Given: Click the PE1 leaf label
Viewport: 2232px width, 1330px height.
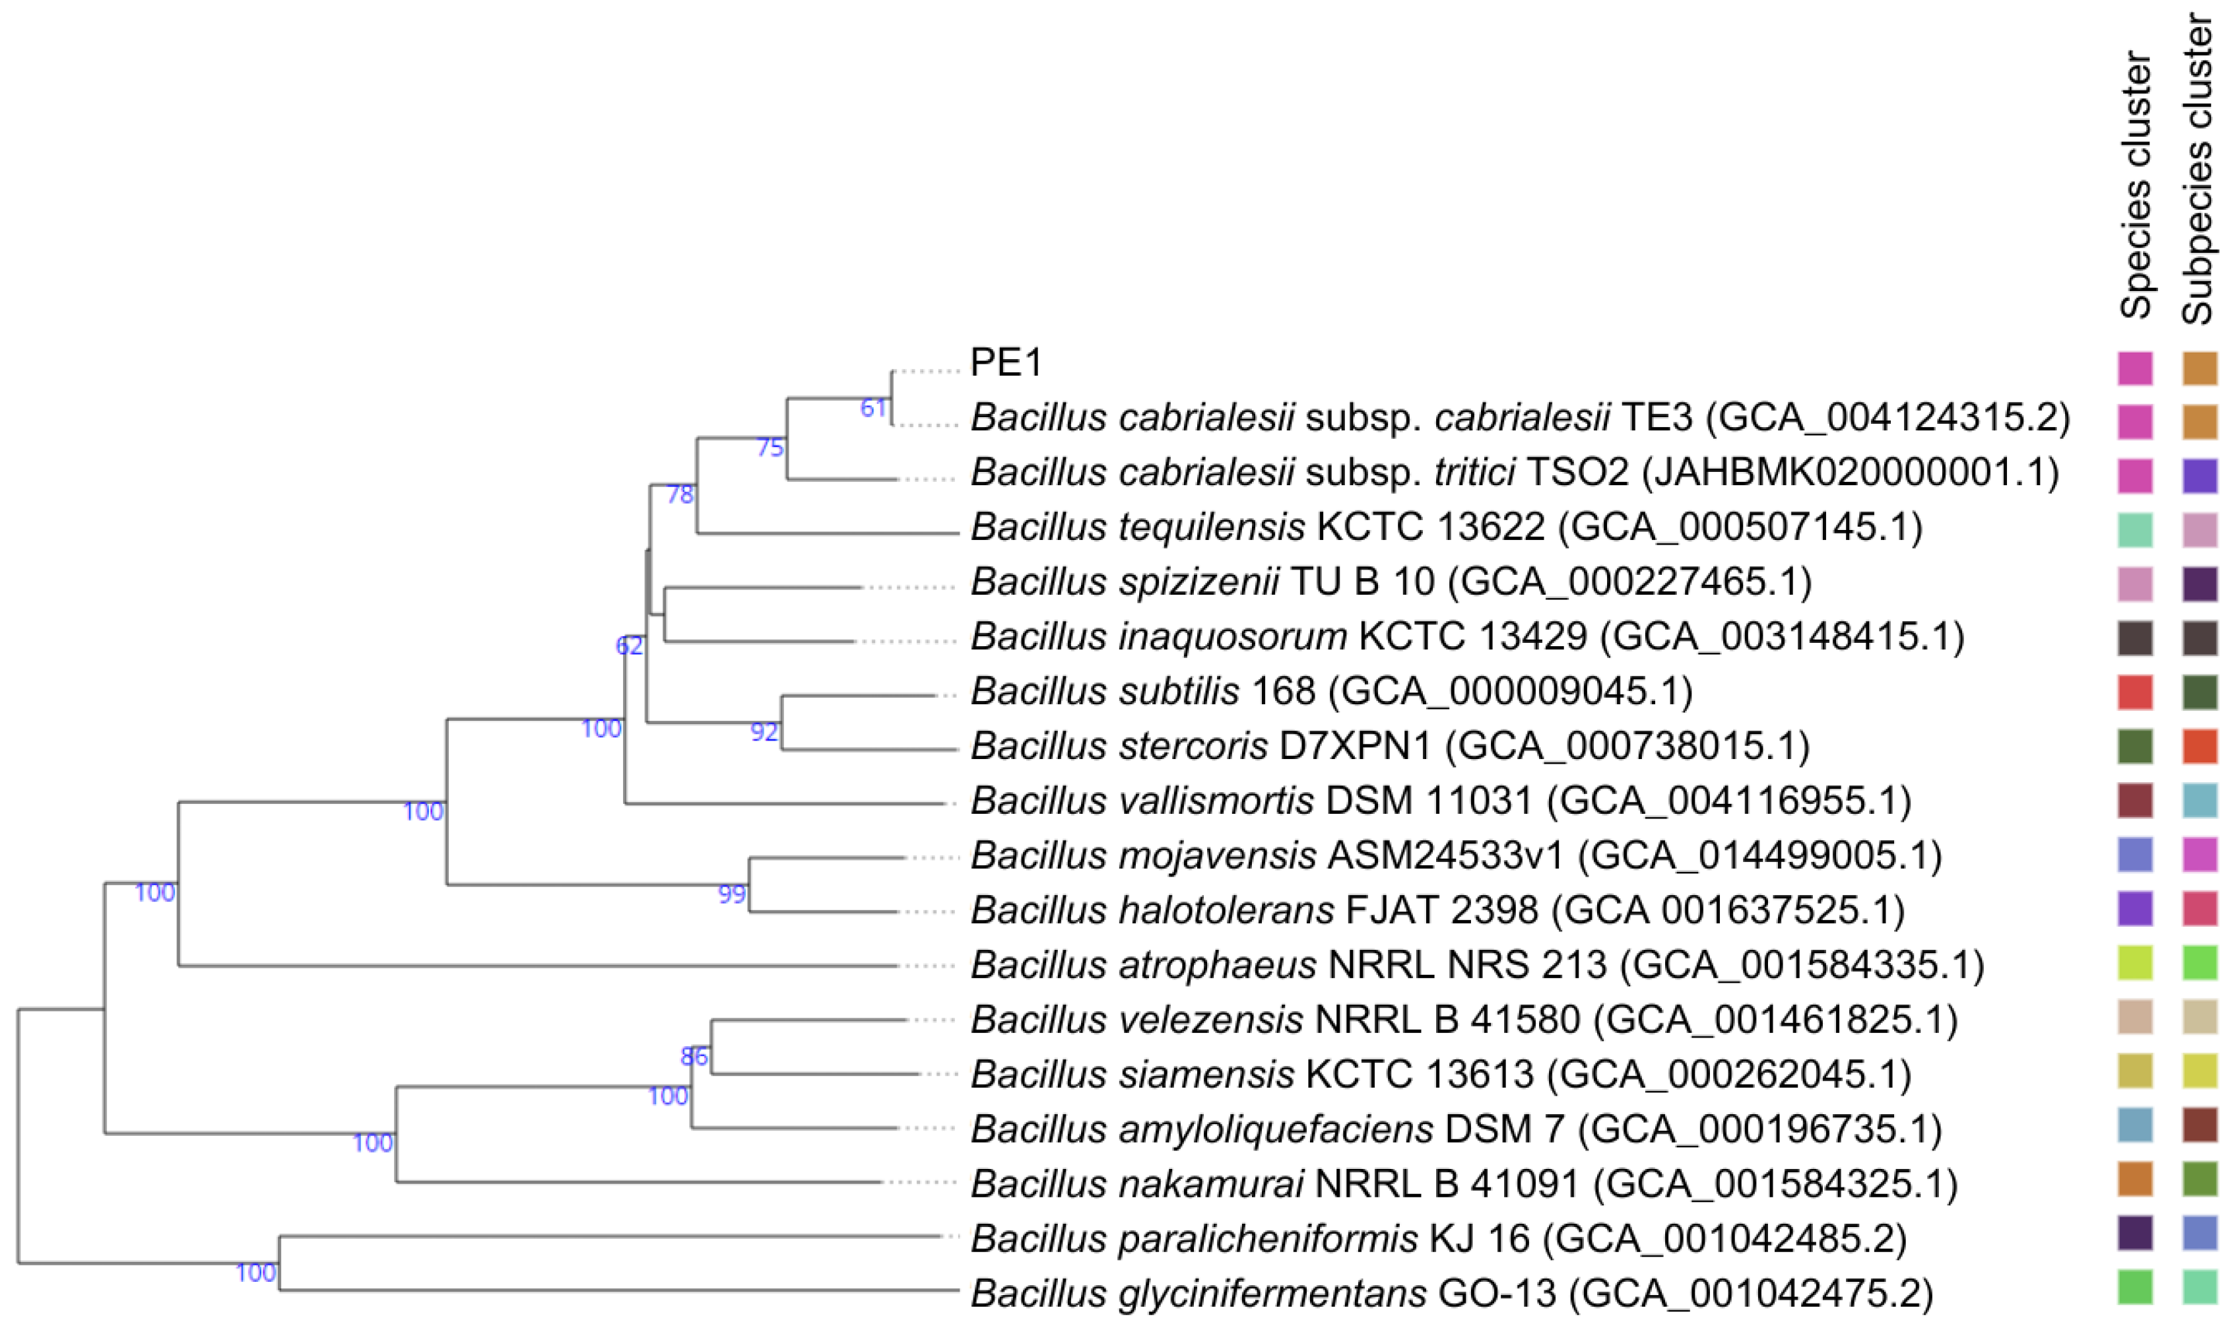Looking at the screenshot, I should click(1006, 362).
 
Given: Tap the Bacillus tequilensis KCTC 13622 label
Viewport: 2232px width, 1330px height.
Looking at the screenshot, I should click(1446, 527).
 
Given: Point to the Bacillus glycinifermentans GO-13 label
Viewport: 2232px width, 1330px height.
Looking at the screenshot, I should click(1451, 1293).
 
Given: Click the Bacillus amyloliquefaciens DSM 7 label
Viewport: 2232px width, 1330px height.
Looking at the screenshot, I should click(1456, 1129).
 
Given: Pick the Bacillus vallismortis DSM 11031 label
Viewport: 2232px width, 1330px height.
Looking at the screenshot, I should click(1441, 801).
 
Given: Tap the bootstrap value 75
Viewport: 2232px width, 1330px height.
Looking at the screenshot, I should click(770, 448).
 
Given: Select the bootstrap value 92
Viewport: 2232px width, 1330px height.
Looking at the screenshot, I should click(764, 732).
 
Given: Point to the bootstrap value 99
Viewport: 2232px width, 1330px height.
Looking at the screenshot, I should click(732, 894).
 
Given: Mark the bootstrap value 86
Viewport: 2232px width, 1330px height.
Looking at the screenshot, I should click(694, 1057).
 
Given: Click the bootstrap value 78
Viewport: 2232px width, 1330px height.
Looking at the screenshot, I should click(680, 495).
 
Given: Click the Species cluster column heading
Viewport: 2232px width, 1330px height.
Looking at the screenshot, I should click(2135, 186).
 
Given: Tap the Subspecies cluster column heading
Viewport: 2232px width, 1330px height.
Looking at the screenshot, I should click(2198, 170).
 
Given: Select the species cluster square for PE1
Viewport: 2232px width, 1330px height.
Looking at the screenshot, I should click(2135, 368).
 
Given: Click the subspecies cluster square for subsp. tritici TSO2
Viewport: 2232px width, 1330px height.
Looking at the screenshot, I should click(2200, 477).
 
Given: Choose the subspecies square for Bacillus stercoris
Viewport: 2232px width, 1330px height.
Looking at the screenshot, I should click(2200, 747).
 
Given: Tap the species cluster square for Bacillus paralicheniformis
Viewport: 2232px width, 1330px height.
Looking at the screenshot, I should click(2135, 1233).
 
